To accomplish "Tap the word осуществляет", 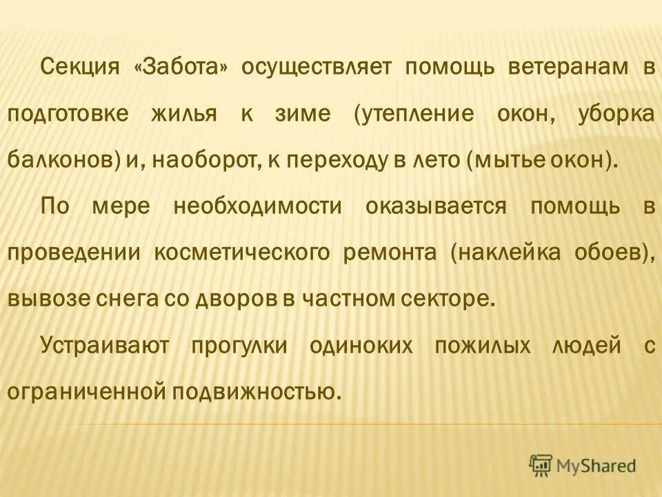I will tap(316, 68).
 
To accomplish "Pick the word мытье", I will tap(507, 161).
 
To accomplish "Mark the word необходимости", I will tap(258, 207).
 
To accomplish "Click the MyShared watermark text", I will tap(596, 466).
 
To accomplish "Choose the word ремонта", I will tap(390, 253).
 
